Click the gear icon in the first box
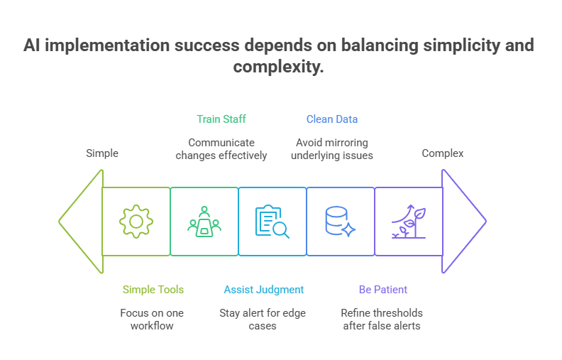tap(136, 222)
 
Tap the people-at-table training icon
tap(204, 222)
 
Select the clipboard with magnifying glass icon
tap(272, 222)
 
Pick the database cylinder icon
tap(339, 222)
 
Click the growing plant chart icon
tap(408, 222)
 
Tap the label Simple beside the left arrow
tap(102, 153)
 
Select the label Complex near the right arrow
tap(443, 153)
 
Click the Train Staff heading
tap(221, 119)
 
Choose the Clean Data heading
tap(331, 119)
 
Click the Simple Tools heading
tap(153, 290)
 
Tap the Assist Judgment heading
tap(264, 290)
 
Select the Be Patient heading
tap(382, 290)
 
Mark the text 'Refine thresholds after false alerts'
tap(382, 319)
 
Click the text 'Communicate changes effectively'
tap(221, 148)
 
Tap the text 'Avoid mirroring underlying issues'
tap(331, 148)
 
